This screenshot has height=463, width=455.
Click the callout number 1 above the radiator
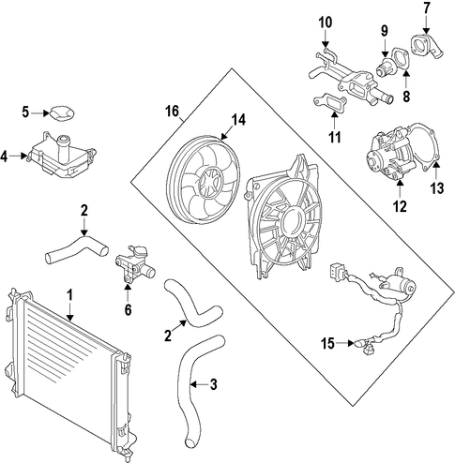(69, 295)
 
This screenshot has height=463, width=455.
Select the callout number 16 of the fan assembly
(172, 112)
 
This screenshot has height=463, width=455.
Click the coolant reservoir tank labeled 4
(62, 155)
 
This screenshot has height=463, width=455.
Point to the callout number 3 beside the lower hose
(213, 384)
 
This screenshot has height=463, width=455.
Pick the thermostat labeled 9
(385, 67)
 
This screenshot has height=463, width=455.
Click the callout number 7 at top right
(427, 8)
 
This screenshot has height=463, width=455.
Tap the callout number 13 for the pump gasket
(436, 188)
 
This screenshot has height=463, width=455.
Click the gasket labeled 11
(330, 102)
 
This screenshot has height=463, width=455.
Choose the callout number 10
(326, 22)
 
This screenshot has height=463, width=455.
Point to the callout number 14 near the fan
(238, 121)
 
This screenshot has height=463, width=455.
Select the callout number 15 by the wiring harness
(327, 344)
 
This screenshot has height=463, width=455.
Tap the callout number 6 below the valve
(128, 309)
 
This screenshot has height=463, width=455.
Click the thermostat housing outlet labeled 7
(427, 48)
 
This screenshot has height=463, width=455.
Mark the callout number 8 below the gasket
(406, 97)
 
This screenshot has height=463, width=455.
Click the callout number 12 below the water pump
(400, 206)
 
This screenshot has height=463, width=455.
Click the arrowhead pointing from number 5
(47, 112)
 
